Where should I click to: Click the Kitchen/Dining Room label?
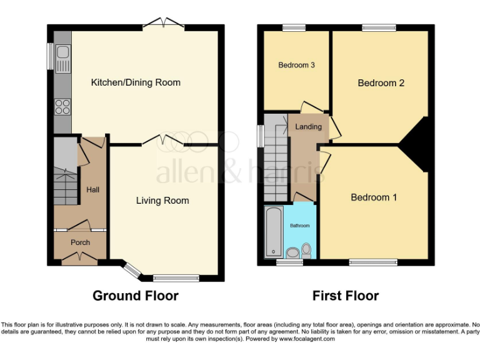136,82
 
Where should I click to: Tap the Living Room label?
162,201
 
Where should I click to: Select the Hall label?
92,189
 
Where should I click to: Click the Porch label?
80,242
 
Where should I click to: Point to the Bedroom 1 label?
374,197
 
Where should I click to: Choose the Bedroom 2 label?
381,83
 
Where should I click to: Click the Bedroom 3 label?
296,65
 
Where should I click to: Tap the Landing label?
309,127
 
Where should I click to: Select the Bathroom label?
299,226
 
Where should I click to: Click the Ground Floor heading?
136,296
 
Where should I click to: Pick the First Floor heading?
346,296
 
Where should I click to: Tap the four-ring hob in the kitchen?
63,107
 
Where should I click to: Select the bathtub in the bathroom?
273,232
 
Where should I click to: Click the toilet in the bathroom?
306,251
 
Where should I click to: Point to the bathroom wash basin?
292,253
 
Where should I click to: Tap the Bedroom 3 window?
293,27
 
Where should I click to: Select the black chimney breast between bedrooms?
416,144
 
